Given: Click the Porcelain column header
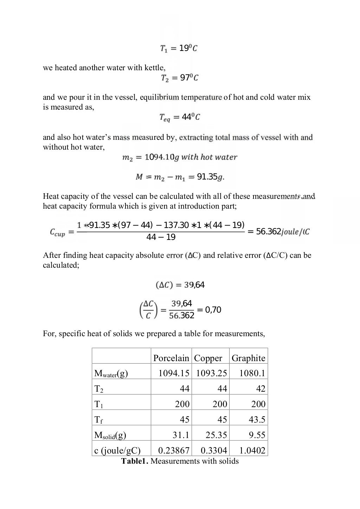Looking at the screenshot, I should click(x=171, y=358).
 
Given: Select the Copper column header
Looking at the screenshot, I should click(x=208, y=358).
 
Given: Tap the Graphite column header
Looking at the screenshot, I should click(x=248, y=358).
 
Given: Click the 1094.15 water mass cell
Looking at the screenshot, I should click(x=174, y=373).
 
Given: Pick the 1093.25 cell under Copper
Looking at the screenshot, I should click(x=211, y=373).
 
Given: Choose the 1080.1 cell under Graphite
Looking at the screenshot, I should click(x=252, y=373).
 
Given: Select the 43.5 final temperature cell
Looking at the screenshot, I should click(x=257, y=419).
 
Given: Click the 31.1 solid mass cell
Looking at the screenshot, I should click(x=181, y=435).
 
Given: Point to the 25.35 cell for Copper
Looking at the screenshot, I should click(x=216, y=435).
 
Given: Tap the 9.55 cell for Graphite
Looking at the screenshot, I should click(x=257, y=435).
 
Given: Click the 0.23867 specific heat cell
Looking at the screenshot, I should click(x=174, y=450).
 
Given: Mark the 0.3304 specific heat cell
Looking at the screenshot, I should click(x=214, y=450).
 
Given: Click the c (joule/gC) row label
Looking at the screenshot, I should click(x=117, y=451).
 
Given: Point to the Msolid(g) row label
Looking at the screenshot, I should click(x=110, y=435).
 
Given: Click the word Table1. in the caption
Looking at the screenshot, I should click(x=135, y=461).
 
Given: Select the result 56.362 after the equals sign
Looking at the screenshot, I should click(x=269, y=231).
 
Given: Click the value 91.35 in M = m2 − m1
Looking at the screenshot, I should click(x=207, y=177).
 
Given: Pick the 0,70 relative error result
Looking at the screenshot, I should click(x=213, y=310).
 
